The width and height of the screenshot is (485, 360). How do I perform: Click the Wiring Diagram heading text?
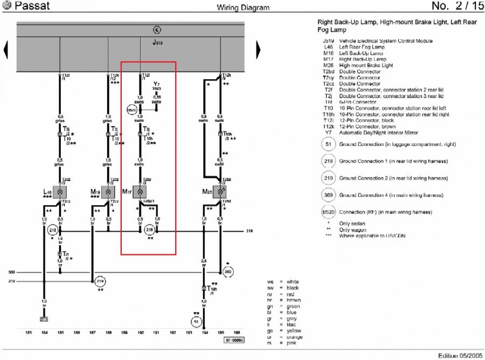pos(243,8)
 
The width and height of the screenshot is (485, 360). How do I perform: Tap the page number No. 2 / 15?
pos(458,6)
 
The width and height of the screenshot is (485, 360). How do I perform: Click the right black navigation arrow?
pos(258,50)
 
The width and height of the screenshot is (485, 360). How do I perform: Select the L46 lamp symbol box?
pos(60,192)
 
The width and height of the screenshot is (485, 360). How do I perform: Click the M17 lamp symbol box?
pos(140,192)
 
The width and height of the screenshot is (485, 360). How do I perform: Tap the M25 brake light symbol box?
pos(220,192)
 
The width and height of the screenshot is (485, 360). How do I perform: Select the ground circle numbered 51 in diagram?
pos(196,322)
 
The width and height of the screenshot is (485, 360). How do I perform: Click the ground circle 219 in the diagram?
pos(100,281)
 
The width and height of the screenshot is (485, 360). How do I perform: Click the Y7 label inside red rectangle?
pos(156,85)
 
